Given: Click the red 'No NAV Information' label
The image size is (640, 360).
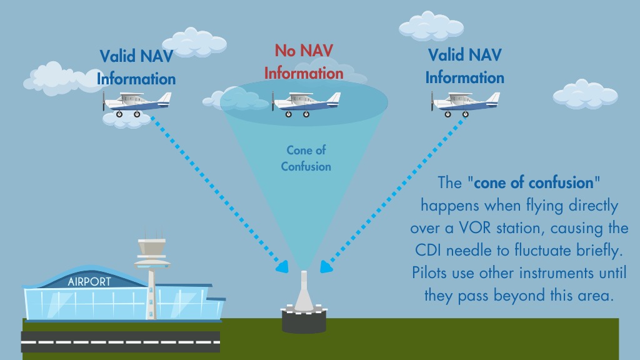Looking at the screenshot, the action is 304,62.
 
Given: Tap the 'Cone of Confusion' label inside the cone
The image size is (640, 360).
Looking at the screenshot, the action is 306,158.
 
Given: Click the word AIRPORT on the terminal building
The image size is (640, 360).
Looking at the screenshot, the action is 89,282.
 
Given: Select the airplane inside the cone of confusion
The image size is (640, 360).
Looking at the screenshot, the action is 306,104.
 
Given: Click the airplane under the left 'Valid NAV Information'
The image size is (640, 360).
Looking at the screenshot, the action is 137,104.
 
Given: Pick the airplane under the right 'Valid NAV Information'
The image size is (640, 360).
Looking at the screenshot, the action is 465,104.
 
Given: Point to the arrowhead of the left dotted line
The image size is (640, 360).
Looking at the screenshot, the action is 282,266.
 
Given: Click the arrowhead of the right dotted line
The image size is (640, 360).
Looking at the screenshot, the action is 326,266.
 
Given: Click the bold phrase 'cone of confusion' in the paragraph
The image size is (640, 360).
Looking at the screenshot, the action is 534,183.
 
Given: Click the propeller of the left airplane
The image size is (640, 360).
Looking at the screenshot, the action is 104,101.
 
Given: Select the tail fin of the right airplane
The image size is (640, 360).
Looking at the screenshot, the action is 493,98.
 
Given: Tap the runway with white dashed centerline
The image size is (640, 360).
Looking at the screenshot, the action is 121,342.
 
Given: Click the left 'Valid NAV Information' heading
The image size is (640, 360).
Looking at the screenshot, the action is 136,67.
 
